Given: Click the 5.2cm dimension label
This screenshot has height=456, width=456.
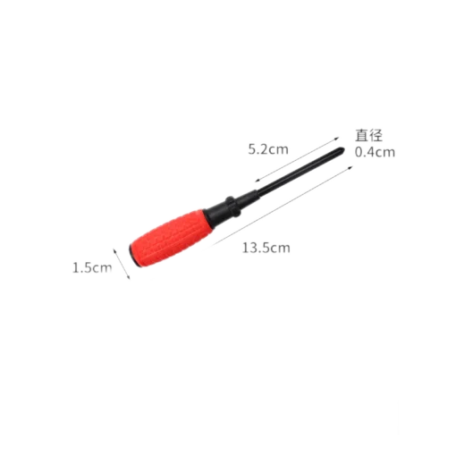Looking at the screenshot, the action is click(268, 149).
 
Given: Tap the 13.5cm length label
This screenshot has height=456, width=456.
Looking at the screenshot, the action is click(266, 248).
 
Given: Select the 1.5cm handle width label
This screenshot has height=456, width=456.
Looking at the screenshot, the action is click(92, 268).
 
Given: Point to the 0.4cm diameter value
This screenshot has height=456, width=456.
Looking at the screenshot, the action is click(375, 152).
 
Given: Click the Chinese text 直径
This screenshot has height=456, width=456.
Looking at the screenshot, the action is click(368, 136).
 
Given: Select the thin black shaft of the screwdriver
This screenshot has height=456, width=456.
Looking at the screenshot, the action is click(297, 173).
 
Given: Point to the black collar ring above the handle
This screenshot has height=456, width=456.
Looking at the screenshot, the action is click(232, 206).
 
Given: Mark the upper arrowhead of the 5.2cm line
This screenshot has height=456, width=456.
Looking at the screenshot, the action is click(337, 138).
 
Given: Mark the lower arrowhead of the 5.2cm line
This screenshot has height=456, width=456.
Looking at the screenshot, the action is click(257, 180).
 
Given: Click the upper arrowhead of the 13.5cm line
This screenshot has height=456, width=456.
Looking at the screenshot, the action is click(350, 168).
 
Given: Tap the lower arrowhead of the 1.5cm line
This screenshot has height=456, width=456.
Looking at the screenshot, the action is click(129, 278).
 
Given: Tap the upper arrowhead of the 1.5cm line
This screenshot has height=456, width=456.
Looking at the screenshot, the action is click(114, 250).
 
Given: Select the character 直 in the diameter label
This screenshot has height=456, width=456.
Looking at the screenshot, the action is click(361, 136).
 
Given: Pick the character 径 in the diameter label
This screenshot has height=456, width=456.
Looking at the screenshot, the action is click(376, 136).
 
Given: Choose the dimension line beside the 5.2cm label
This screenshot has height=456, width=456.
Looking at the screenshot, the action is click(297, 159).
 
